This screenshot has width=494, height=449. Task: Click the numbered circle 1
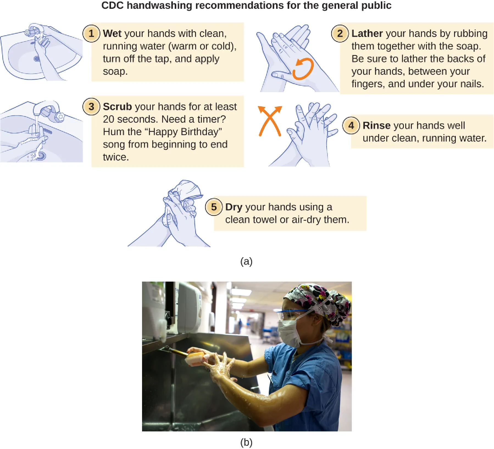pyautogui.click(x=91, y=34)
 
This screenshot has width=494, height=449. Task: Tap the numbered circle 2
pyautogui.click(x=340, y=34)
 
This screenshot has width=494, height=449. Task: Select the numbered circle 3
pyautogui.click(x=91, y=107)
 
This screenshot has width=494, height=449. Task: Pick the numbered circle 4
pyautogui.click(x=351, y=125)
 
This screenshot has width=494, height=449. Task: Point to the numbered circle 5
pyautogui.click(x=214, y=207)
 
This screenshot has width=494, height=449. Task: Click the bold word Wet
pyautogui.click(x=112, y=34)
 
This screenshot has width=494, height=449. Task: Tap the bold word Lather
pyautogui.click(x=367, y=34)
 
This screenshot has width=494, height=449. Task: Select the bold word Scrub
pyautogui.click(x=117, y=107)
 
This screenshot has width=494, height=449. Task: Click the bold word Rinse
pyautogui.click(x=376, y=125)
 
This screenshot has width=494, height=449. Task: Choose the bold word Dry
pyautogui.click(x=234, y=207)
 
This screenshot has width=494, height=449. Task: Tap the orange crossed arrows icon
pyautogui.click(x=270, y=121)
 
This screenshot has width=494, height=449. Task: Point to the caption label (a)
pyautogui.click(x=246, y=261)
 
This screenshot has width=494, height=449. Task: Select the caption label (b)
pyautogui.click(x=246, y=442)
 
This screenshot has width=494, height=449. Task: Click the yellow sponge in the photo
pyautogui.click(x=195, y=358)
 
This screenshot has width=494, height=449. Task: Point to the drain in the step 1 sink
pyautogui.click(x=37, y=59)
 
